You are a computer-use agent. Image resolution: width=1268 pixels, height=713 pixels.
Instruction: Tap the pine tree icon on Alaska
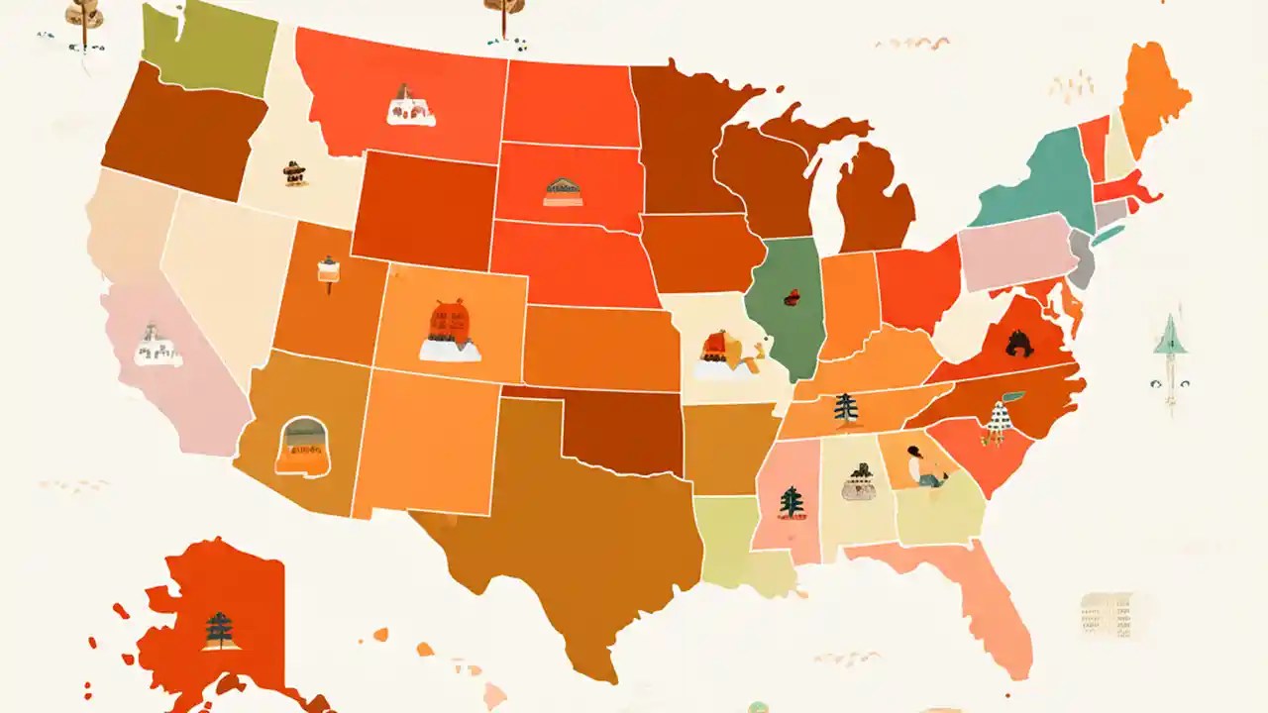[219, 630]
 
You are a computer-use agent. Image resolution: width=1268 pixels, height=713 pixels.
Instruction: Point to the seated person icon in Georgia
[924, 466]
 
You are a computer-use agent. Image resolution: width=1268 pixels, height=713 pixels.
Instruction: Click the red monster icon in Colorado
[449, 322]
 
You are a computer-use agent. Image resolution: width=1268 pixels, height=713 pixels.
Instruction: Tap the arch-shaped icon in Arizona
[303, 445]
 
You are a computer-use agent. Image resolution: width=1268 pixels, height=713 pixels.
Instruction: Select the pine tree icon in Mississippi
[791, 502]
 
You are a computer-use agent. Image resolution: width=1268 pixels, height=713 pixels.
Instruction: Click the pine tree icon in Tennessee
[845, 407]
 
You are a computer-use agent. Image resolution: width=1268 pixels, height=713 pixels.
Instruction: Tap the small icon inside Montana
[411, 106]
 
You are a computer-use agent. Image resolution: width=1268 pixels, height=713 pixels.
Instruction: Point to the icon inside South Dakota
[563, 191]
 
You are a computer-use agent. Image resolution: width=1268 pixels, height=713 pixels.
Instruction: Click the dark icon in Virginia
[1019, 344]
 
